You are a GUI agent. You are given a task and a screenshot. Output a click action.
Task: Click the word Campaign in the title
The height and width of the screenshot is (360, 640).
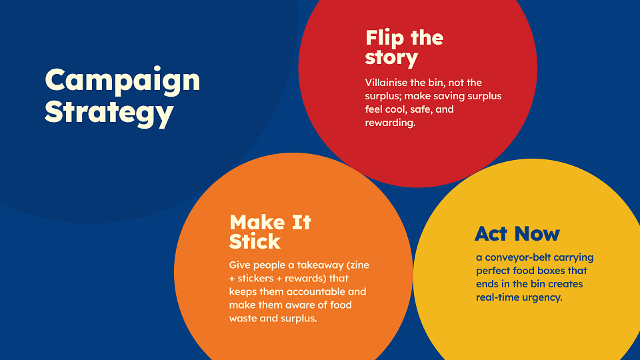coord(123,81)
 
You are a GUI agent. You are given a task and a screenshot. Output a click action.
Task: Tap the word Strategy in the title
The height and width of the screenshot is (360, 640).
coord(109,113)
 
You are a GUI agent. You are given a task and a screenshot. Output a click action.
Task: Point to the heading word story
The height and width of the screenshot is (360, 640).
coord(391,57)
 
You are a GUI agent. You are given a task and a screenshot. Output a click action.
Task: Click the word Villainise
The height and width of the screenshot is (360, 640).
coord(386,83)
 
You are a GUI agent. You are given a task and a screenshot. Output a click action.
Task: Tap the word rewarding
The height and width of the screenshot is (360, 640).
coord(390,123)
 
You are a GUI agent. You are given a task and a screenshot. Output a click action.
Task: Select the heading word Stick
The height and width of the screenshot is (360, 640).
coord(255,241)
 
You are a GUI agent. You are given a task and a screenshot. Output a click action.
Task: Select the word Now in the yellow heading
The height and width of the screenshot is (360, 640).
coord(537,234)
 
